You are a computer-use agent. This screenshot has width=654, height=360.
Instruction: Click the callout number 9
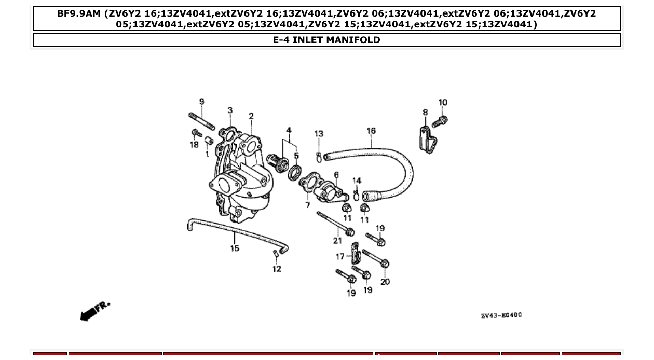(202, 102)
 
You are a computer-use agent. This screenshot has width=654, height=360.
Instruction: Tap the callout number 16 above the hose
(371, 131)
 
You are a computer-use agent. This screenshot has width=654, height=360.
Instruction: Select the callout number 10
(443, 103)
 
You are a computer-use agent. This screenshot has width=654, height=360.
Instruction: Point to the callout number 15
(235, 248)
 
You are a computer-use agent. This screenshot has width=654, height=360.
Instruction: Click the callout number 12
(277, 269)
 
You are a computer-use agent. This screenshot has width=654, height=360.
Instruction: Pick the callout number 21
(337, 240)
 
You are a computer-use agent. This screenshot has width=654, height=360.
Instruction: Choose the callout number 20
(385, 282)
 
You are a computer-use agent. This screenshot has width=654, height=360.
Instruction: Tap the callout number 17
(340, 256)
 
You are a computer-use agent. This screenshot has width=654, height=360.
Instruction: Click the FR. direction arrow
(94, 311)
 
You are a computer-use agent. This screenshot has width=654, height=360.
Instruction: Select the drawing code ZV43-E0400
(501, 315)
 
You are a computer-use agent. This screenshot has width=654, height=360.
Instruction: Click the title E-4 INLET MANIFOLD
(326, 40)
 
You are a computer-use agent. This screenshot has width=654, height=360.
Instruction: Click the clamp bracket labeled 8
(428, 139)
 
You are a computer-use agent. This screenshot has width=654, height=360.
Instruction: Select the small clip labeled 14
(356, 195)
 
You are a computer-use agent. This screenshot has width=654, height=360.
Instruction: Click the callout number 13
(319, 134)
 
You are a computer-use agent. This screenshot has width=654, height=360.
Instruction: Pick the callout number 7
(308, 205)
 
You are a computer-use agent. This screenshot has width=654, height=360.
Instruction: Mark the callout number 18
(194, 145)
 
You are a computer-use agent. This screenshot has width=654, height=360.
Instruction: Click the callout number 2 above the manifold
(251, 116)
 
